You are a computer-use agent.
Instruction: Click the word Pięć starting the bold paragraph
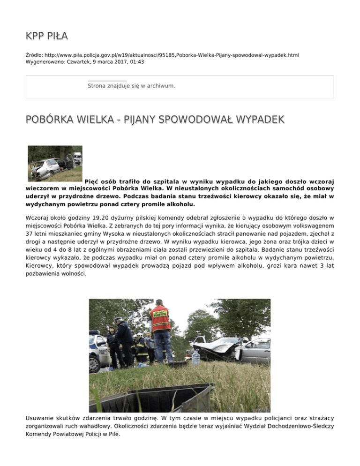tap(93, 180)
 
